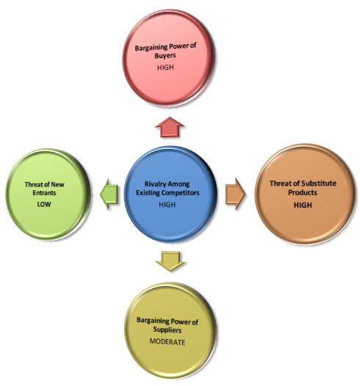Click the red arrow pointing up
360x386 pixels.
pyautogui.click(x=170, y=127)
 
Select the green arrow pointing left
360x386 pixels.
pyautogui.click(x=109, y=194)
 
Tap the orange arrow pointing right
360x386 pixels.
pyautogui.click(x=235, y=194)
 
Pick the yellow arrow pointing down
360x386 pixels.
pyautogui.click(x=170, y=261)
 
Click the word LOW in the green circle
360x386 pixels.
pyautogui.click(x=44, y=204)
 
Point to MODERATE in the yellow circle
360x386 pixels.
pyautogui.click(x=168, y=342)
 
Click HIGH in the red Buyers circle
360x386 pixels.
pyautogui.click(x=165, y=68)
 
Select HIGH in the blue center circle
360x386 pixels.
pyautogui.click(x=168, y=204)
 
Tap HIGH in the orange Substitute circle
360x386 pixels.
pyautogui.click(x=303, y=205)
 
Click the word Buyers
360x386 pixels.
pyautogui.click(x=165, y=55)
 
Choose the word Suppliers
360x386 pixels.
pyautogui.click(x=168, y=329)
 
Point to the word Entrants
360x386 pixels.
pyautogui.click(x=44, y=192)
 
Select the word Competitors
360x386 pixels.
pyautogui.click(x=183, y=192)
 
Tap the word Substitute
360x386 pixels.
pyautogui.click(x=319, y=183)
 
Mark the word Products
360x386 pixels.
pyautogui.click(x=303, y=192)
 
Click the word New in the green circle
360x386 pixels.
pyautogui.click(x=57, y=184)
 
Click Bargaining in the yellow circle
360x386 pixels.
pyautogui.click(x=153, y=321)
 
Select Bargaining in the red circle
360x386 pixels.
pyautogui.click(x=151, y=48)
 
